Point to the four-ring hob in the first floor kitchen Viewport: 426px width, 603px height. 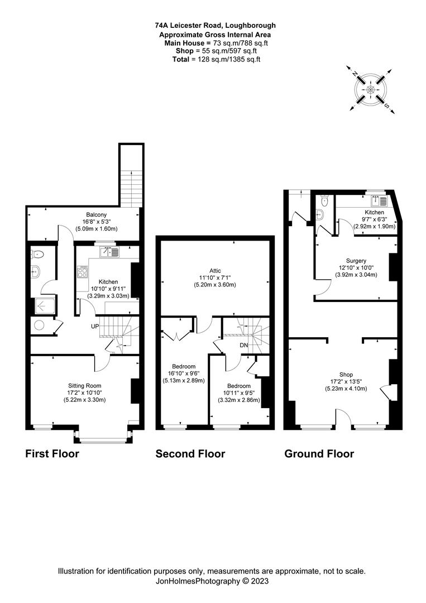pyautogui.click(x=83, y=272)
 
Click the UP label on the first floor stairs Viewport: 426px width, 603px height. pyautogui.click(x=95, y=326)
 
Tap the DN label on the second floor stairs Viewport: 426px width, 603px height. pyautogui.click(x=243, y=345)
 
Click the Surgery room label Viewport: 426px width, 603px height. pyautogui.click(x=356, y=261)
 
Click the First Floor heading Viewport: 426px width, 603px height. pyautogui.click(x=52, y=454)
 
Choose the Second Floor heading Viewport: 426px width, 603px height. pyautogui.click(x=190, y=454)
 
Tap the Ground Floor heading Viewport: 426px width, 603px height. pyautogui.click(x=319, y=454)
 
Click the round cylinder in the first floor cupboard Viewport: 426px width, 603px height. pyautogui.click(x=40, y=325)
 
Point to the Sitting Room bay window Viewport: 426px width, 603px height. pyautogui.click(x=103, y=437)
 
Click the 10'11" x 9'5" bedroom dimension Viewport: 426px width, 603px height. pyautogui.click(x=238, y=393)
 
